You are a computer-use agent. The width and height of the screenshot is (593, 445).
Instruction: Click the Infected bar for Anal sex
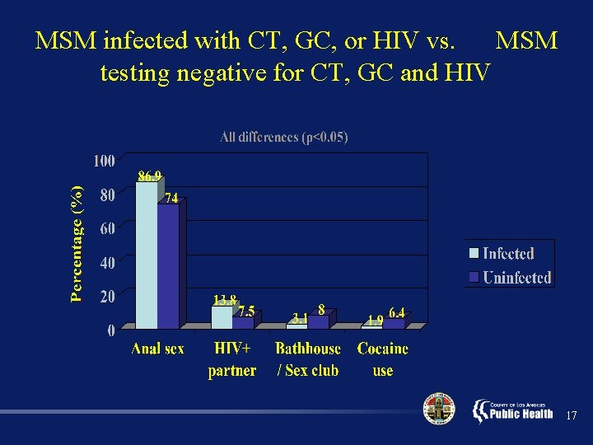pos(146,255)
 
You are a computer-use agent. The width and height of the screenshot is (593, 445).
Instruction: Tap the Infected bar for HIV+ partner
pos(222,317)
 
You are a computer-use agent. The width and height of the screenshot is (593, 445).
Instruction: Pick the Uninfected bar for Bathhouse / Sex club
pos(318,321)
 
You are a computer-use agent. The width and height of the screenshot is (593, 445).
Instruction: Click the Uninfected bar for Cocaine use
pos(393,323)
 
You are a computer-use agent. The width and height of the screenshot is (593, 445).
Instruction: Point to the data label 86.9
pos(150,176)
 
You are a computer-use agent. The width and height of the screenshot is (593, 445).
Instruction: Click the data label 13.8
pos(225,299)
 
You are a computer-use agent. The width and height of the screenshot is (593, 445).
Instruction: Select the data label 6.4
pos(396,311)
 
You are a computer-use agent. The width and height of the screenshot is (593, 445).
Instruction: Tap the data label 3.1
pos(301,317)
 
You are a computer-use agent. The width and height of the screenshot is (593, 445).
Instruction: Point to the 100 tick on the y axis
pos(104,161)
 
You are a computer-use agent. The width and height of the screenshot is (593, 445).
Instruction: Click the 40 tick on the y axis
pos(107,263)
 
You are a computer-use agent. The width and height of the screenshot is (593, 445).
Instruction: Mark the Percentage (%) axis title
pos(77,244)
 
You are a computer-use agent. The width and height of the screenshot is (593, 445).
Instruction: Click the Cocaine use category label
pos(383,359)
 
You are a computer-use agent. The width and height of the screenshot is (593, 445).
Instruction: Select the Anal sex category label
pos(157,349)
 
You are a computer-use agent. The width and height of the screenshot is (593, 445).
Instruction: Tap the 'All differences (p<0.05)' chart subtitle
pos(284,137)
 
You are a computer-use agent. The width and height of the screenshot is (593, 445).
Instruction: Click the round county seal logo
pos(438,410)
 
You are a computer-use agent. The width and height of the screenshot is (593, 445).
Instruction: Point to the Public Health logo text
pos(521,414)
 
